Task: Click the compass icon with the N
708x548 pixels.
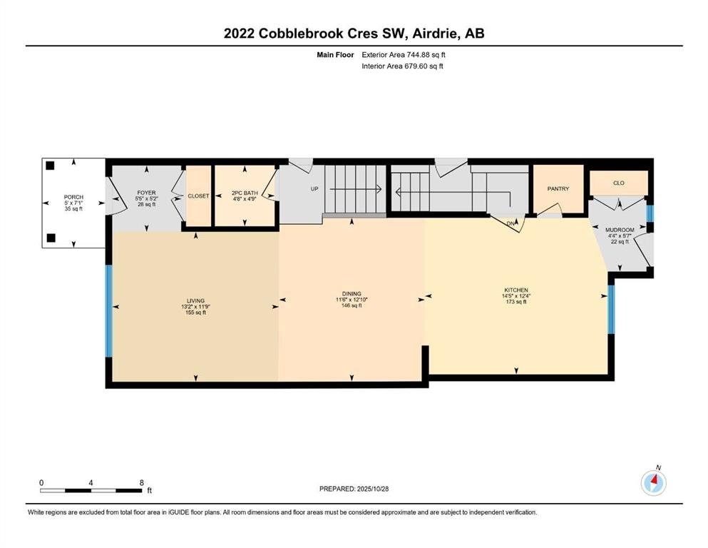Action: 653,482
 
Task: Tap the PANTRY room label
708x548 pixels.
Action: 558,189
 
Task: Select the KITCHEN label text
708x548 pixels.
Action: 516,290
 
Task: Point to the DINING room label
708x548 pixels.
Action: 352,294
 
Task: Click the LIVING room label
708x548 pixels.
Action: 195,301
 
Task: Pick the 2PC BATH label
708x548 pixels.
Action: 245,193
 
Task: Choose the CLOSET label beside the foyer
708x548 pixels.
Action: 198,196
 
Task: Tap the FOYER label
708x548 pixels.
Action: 146,193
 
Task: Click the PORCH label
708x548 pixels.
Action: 73,197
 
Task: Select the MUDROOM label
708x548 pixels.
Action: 620,230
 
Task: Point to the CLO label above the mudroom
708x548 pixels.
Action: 619,183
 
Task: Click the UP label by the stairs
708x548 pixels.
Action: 314,189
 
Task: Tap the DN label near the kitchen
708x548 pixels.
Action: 511,223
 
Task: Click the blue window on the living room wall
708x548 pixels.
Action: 109,311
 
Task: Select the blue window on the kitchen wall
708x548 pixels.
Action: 611,310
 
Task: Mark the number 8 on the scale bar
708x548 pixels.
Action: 141,482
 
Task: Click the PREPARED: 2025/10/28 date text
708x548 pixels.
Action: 354,489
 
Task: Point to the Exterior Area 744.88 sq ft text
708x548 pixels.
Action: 404,55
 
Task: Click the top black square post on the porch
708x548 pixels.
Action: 50,166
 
